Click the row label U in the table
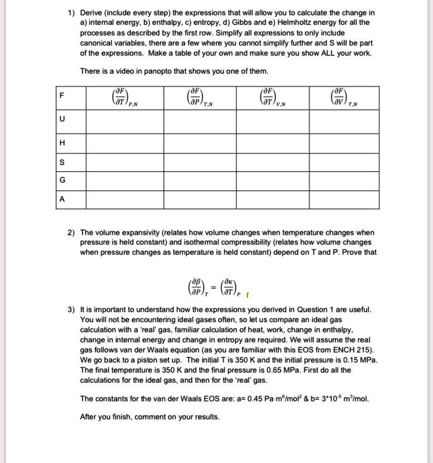click(x=63, y=120)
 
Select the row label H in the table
click(x=63, y=143)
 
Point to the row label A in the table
click(x=63, y=200)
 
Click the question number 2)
click(x=71, y=233)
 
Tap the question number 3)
click(x=71, y=309)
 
